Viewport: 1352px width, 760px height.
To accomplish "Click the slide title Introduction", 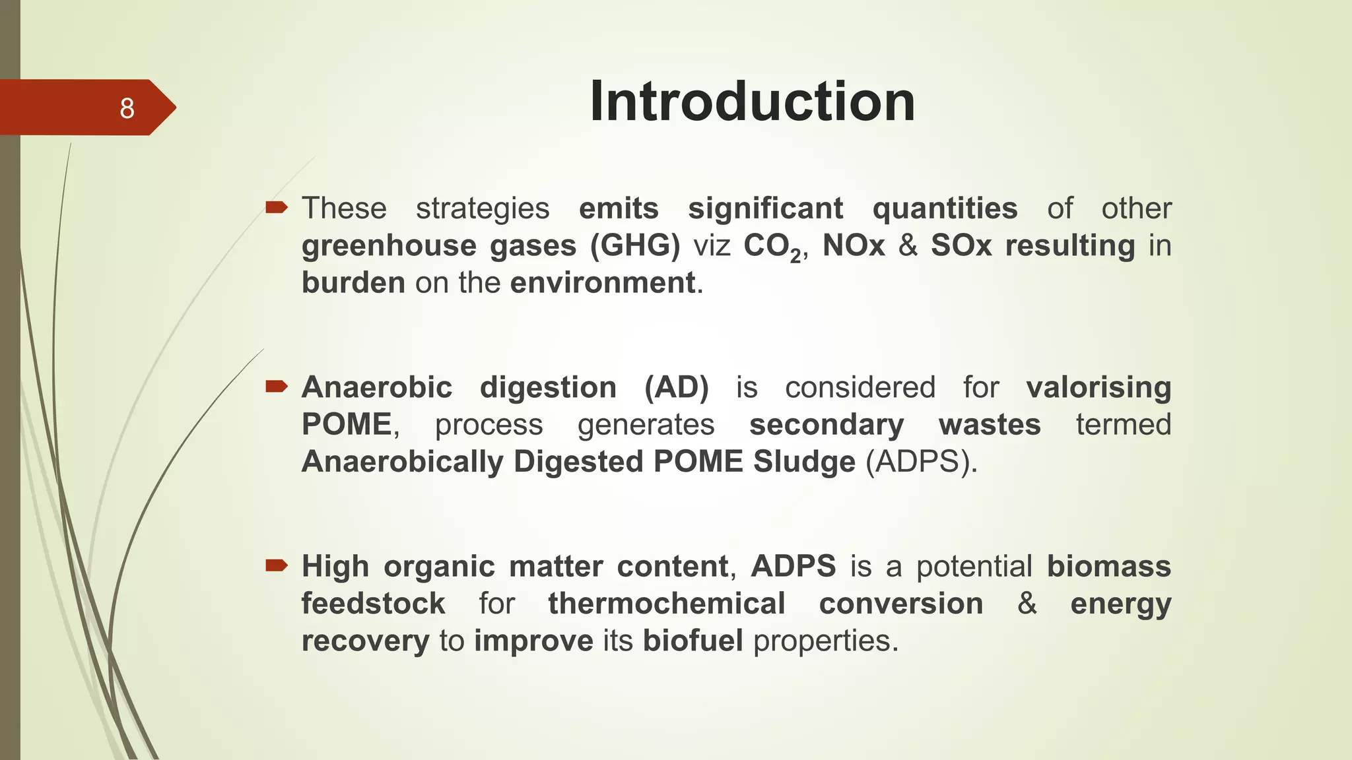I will coord(752,102).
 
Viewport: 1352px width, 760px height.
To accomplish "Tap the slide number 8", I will coord(127,108).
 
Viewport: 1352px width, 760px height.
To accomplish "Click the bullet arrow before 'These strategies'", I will coord(277,208).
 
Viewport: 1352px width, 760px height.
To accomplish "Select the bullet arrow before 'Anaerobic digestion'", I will coord(277,387).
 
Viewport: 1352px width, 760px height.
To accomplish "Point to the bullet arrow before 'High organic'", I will coord(277,565).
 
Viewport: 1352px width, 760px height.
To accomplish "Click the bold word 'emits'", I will coord(619,208).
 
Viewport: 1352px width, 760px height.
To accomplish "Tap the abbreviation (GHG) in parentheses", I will coord(635,246).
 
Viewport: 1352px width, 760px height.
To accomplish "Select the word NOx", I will coord(853,246).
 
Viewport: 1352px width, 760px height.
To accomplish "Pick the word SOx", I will coord(961,246).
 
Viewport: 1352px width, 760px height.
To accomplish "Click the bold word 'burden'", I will coord(353,283).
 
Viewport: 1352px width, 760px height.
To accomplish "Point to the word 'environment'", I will coord(603,283).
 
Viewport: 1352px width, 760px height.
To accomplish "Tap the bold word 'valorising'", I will coord(1098,387).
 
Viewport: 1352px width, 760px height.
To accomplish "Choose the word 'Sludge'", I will coord(804,462).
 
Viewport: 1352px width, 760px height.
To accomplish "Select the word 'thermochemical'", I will coord(667,604).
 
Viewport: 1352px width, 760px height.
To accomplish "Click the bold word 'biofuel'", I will coord(693,641).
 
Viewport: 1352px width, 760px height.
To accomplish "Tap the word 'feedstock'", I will coord(373,604).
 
